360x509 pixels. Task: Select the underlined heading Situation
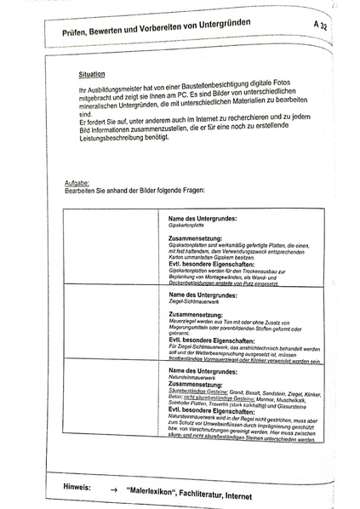coord(91,75)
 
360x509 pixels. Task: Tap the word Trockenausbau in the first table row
coord(261,270)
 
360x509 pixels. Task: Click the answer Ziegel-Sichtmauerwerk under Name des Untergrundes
coord(195,300)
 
